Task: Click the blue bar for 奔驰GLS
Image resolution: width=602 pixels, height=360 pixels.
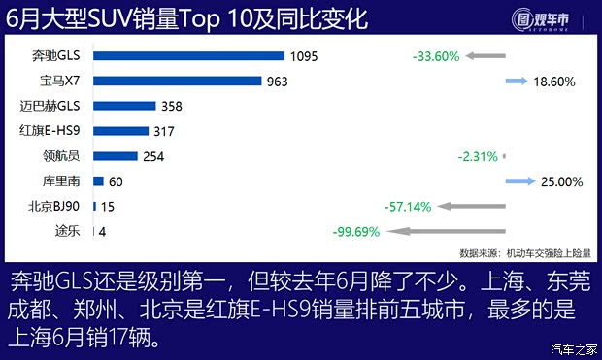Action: point(188,56)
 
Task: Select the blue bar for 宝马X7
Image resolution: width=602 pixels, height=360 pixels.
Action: point(179,82)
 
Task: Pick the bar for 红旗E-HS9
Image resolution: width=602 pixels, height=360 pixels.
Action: point(120,131)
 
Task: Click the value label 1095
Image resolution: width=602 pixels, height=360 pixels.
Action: point(305,56)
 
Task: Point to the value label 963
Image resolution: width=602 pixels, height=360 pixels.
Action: point(280,82)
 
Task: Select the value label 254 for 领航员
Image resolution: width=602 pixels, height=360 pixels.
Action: point(153,156)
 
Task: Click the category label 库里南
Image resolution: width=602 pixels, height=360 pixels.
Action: point(65,180)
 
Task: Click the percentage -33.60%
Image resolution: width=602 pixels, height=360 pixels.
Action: point(435,56)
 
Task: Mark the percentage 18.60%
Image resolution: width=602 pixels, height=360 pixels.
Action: point(557,82)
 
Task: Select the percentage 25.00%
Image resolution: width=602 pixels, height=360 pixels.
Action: point(559,180)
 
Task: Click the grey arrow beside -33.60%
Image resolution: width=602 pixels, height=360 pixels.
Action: point(485,56)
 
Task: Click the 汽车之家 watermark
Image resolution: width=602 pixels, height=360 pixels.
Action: point(573,348)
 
